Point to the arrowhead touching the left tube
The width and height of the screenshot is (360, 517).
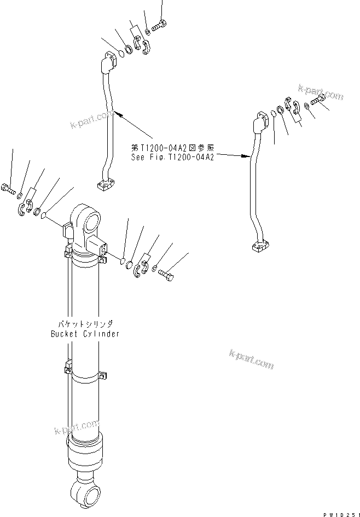tap(119, 114)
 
